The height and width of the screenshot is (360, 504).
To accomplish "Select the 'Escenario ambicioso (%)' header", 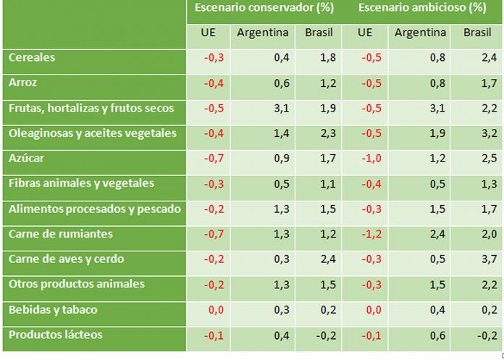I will click(421, 9).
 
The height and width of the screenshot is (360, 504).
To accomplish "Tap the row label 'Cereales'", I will click(32, 57).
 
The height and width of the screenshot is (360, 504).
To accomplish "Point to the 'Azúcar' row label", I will click(27, 158).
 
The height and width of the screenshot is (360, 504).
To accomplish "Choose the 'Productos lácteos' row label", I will click(55, 335).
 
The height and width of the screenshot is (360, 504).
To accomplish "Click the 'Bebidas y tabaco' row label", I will click(53, 309).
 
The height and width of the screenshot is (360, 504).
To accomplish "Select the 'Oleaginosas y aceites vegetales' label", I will click(92, 133).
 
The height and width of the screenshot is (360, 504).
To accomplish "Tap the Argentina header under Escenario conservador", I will click(262, 33).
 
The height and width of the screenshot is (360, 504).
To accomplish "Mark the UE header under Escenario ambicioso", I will click(365, 33).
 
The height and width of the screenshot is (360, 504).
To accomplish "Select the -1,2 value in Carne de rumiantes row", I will click(374, 235).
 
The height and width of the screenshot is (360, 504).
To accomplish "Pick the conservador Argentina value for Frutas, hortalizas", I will click(282, 109).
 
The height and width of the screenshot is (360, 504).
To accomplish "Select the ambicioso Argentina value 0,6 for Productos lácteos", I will click(438, 335).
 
